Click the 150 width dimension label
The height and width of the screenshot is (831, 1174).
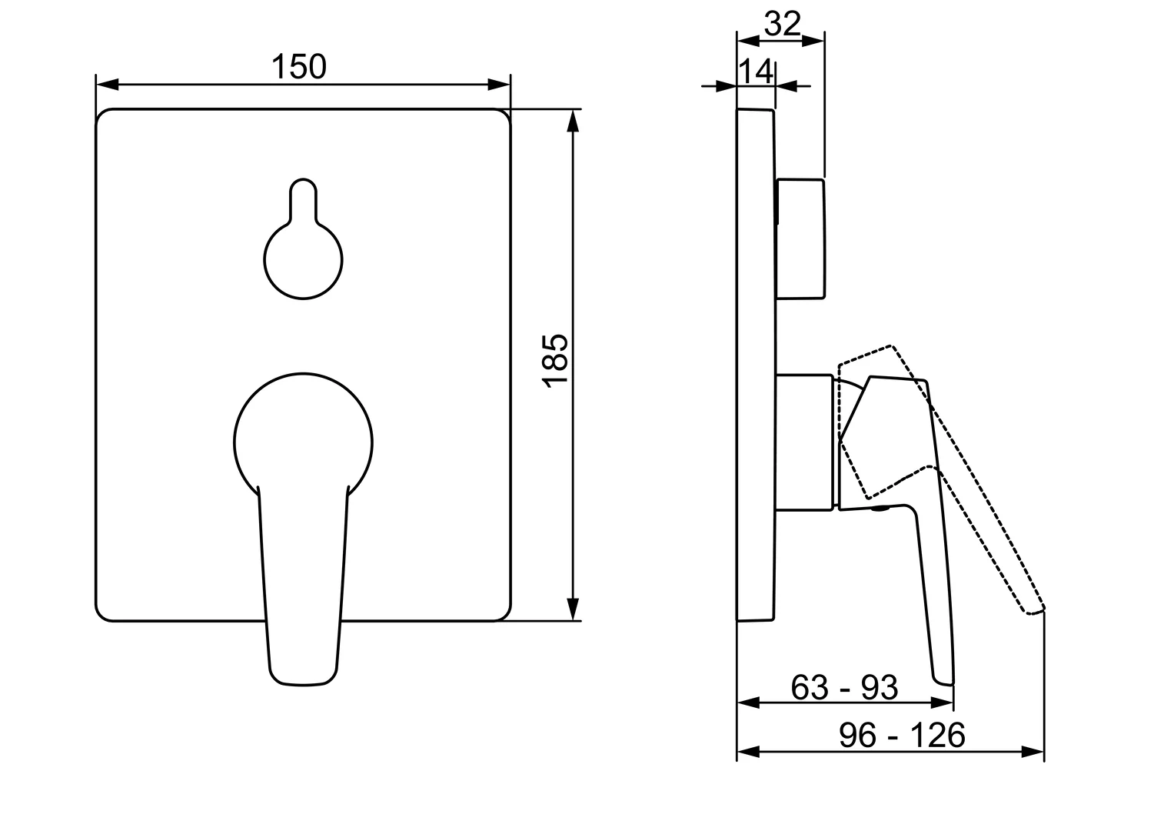[299, 67]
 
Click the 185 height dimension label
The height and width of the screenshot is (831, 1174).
[556, 361]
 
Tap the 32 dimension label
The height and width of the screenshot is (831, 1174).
[783, 24]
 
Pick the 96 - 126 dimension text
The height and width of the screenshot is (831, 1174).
[902, 735]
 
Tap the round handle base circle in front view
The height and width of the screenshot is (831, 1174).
[234, 443]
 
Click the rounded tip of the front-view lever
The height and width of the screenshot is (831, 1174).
[304, 685]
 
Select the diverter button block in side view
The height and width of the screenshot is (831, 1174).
[800, 239]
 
